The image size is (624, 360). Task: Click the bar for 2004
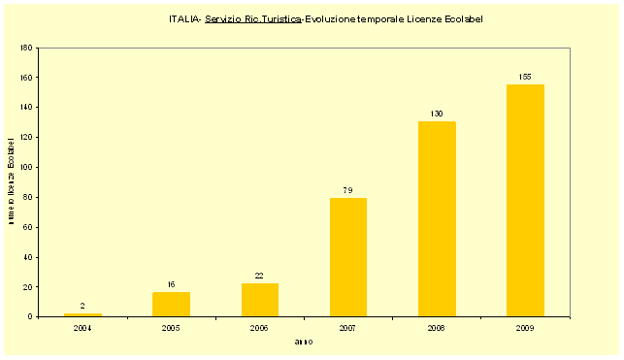[82, 314]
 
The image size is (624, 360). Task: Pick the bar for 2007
[348, 257]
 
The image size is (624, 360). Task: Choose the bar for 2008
[437, 219]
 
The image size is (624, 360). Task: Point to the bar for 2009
[525, 201]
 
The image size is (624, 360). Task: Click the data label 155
[525, 77]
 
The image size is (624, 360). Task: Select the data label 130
[437, 114]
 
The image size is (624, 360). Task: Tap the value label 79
[348, 190]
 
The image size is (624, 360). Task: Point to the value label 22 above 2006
[260, 276]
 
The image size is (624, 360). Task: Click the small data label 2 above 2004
[82, 306]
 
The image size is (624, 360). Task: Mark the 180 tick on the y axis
[27, 48]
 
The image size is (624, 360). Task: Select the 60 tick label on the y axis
[29, 227]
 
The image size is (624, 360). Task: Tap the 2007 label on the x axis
[348, 328]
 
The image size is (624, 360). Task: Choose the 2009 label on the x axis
[525, 328]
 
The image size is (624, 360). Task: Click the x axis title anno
[303, 342]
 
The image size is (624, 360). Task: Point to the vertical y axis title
[11, 182]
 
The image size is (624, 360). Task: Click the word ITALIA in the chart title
[183, 18]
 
